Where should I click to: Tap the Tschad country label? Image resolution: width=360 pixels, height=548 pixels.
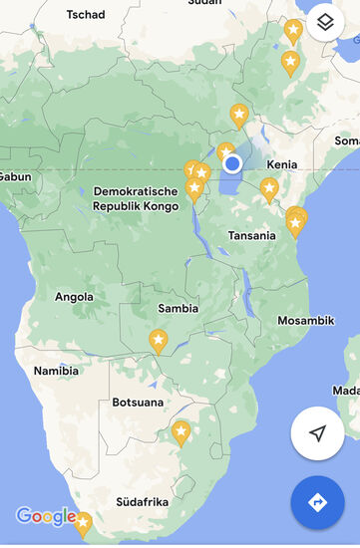point(85,15)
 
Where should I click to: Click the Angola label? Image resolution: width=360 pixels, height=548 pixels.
point(74,297)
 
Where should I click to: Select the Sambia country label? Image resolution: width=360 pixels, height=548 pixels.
point(179,309)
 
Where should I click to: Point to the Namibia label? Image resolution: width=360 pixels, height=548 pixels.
point(56,371)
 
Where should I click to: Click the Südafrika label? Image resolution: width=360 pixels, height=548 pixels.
point(141,501)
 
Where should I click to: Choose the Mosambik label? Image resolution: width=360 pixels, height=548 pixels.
point(306,321)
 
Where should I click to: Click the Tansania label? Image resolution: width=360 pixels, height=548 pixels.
point(251,236)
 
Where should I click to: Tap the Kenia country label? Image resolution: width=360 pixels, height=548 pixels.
point(282,164)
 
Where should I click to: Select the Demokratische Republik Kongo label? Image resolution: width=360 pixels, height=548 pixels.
point(136,198)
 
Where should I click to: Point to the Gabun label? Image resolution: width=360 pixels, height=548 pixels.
point(15,176)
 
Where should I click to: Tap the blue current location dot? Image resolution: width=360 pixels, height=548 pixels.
point(232,163)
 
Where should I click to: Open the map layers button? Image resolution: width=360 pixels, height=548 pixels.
point(325,22)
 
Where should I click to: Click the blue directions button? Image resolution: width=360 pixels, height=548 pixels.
point(317,503)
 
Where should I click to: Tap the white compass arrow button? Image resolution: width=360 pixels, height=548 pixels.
point(317,433)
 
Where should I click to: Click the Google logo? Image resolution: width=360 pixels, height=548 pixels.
point(45,516)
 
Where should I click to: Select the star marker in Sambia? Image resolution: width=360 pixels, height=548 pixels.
point(159,341)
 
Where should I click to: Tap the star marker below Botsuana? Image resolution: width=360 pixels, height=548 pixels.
point(180,432)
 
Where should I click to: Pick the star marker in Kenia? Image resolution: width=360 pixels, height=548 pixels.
point(269,188)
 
